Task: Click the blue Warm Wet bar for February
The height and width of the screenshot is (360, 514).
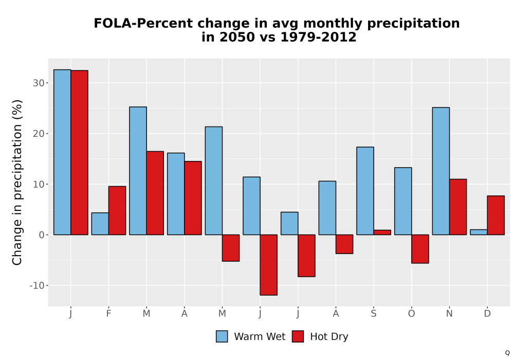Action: (100, 224)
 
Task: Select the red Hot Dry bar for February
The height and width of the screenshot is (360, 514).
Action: (117, 210)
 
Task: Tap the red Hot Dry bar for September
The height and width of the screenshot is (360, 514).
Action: (382, 232)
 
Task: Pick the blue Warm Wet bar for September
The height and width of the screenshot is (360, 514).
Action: (365, 191)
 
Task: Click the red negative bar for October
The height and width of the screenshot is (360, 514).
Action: (420, 249)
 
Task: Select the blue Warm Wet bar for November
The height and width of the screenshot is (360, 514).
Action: (441, 171)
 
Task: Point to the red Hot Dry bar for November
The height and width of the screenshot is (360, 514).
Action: (458, 207)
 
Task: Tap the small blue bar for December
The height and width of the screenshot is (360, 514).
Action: (479, 232)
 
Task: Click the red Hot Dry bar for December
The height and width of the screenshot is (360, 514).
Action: (495, 215)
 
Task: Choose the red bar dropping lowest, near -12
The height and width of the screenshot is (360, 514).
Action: (269, 265)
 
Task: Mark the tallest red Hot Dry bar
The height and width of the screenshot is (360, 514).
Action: (79, 152)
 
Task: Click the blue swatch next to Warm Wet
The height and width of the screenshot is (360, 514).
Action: (222, 336)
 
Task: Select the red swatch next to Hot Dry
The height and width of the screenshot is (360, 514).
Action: (298, 336)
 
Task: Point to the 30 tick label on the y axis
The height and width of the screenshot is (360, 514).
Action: (39, 83)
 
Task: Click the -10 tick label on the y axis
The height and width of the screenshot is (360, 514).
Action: (36, 285)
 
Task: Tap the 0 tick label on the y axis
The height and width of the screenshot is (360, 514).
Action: (42, 235)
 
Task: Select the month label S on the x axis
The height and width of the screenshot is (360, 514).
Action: (374, 314)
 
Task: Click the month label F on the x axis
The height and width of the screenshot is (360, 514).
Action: (108, 314)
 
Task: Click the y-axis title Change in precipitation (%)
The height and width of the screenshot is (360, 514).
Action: (17, 182)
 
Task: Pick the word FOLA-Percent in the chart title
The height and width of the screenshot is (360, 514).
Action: (143, 24)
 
